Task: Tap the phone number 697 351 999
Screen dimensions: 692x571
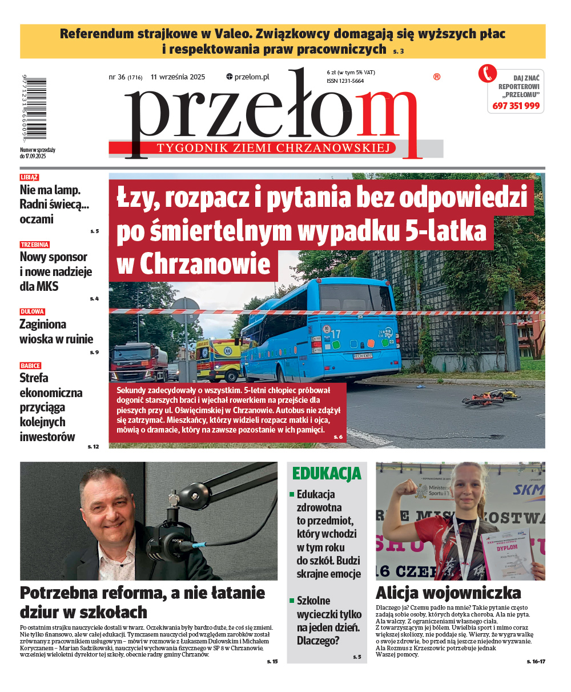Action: pyautogui.click(x=516, y=106)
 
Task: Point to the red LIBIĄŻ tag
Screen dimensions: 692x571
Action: pyautogui.click(x=29, y=178)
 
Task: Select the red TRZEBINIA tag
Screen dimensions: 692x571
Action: pyautogui.click(x=35, y=245)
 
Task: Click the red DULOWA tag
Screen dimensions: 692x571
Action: pyautogui.click(x=32, y=312)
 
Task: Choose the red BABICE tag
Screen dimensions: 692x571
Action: pyautogui.click(x=30, y=366)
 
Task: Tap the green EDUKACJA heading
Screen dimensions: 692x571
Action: pyautogui.click(x=327, y=474)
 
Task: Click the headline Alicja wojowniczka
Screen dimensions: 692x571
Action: pyautogui.click(x=448, y=592)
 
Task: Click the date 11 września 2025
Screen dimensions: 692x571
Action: pyautogui.click(x=178, y=77)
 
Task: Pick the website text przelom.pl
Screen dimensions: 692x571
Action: pyautogui.click(x=248, y=77)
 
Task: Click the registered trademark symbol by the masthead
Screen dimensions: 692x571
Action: pyautogui.click(x=437, y=77)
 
